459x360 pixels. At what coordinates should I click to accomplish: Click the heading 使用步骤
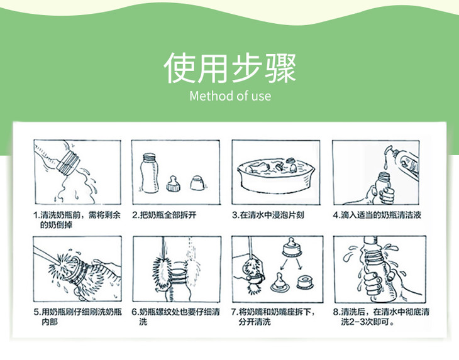tap(230, 68)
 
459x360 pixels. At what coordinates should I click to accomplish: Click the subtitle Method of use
tap(230, 96)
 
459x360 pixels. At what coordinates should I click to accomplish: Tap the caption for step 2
tap(164, 215)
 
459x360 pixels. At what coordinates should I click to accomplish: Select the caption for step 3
tap(268, 215)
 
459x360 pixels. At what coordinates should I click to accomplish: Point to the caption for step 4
tap(377, 215)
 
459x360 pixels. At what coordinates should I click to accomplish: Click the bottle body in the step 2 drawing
tap(149, 173)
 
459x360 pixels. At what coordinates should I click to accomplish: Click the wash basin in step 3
tap(275, 175)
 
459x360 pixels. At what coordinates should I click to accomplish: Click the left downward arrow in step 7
tap(284, 264)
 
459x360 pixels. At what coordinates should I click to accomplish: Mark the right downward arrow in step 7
tap(299, 264)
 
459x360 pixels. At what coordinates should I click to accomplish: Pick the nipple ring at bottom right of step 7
tap(305, 282)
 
